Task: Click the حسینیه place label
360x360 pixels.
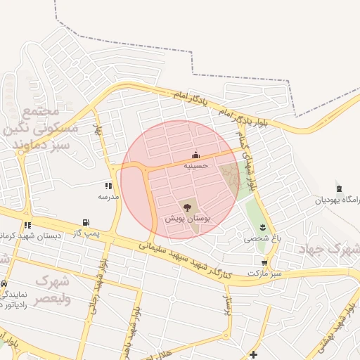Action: [x=196, y=166]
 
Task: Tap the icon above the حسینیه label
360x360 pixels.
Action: [x=195, y=155]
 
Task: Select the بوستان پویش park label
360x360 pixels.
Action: [x=188, y=219]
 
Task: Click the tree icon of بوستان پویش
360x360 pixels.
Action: [x=187, y=207]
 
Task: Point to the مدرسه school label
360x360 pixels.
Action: [x=108, y=197]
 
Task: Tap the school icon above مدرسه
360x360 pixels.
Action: [x=108, y=186]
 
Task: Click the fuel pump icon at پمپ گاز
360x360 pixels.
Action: [x=86, y=222]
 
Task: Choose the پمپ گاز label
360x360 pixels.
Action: [x=89, y=233]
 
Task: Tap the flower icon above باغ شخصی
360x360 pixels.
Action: [x=262, y=227]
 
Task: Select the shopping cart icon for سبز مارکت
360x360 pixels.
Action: [x=264, y=262]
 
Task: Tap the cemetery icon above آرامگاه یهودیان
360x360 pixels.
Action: [x=340, y=188]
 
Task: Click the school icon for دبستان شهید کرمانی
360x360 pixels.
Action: [x=27, y=225]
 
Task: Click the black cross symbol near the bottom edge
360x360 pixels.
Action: [x=253, y=353]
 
